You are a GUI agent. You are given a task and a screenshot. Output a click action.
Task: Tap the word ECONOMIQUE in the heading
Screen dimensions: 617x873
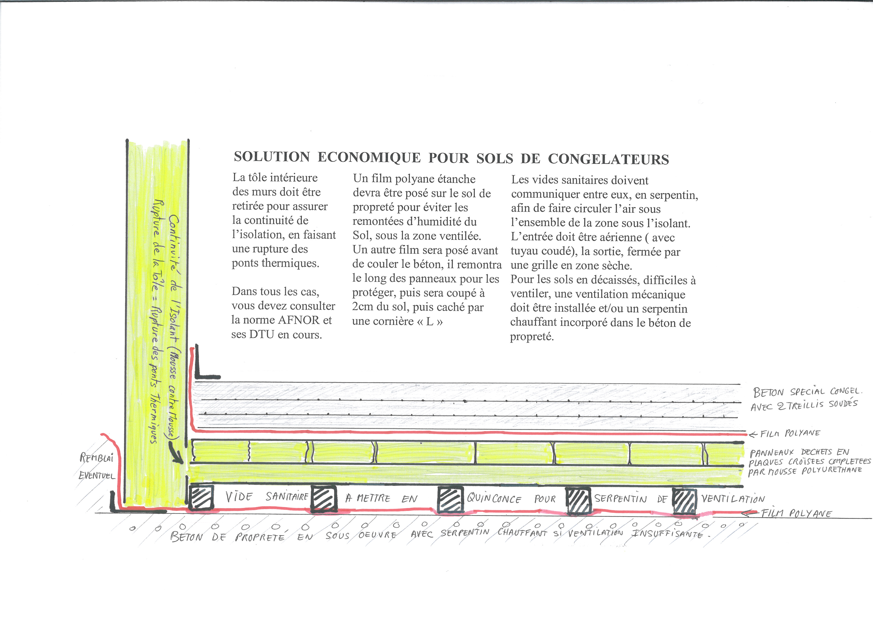[x=369, y=157]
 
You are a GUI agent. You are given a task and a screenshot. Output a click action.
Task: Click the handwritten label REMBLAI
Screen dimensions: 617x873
[x=97, y=458]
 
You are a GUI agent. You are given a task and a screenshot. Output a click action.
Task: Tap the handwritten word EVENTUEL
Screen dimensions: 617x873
[x=97, y=475]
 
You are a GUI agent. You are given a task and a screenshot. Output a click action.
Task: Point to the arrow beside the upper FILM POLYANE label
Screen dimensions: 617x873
[x=753, y=435]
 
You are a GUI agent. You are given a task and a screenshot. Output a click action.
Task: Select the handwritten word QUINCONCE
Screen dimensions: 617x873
[x=494, y=499]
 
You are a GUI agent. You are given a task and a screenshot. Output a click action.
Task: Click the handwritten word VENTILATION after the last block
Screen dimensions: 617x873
[x=733, y=499]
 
